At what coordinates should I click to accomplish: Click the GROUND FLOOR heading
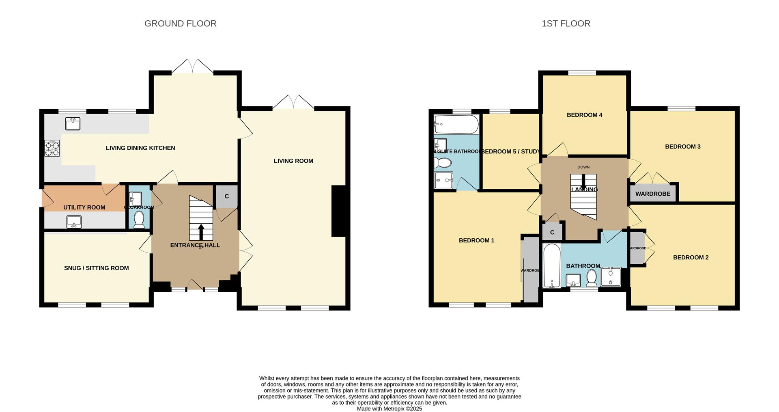tap(181, 24)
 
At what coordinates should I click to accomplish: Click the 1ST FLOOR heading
tap(566, 24)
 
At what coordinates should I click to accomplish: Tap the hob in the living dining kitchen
tap(52, 148)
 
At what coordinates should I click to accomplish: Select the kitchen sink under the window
tap(73, 123)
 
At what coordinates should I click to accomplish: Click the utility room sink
tap(74, 222)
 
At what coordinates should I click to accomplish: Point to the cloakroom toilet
tap(139, 220)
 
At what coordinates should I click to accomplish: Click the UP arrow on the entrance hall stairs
tap(201, 232)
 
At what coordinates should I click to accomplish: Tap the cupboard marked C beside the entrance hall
tap(226, 196)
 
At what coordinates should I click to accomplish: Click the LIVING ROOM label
tap(293, 161)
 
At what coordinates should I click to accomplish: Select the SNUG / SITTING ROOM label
tap(96, 268)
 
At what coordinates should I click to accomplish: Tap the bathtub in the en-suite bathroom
tap(456, 124)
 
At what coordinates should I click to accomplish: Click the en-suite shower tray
tap(443, 180)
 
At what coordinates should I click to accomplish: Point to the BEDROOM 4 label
tap(584, 115)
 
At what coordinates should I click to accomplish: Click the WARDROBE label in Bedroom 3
tap(652, 194)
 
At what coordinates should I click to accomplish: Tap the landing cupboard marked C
tap(552, 232)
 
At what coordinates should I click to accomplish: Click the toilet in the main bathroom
tap(592, 278)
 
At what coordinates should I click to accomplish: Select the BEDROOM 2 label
tap(691, 257)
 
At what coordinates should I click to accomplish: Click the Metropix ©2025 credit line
tap(389, 409)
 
